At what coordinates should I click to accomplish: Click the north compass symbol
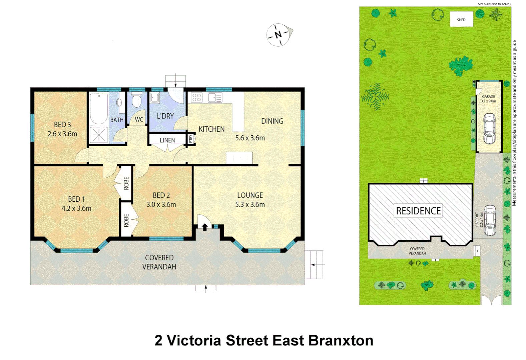pos(279,34)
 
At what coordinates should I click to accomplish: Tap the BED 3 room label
pos(62,124)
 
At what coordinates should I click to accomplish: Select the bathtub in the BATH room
pos(98,108)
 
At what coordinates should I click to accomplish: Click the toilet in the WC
pos(137,100)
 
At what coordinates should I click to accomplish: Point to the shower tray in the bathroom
pos(98,135)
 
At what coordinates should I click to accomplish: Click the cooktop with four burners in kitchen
pos(196,98)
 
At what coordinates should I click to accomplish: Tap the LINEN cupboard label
pos(167,140)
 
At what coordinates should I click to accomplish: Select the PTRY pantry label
pos(191,138)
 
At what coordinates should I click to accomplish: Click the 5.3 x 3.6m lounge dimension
pos(250,205)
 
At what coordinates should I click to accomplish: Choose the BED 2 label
pos(161,195)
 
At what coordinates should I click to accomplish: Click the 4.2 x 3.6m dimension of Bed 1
pos(76,209)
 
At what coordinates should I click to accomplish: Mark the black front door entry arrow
pos(205,227)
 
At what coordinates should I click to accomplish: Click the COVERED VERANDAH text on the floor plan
pos(159,262)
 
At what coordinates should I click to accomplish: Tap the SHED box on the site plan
pos(461,20)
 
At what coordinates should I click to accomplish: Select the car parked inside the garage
pos(489,128)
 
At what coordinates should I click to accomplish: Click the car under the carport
pos(490,220)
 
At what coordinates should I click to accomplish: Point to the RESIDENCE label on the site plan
pos(418,211)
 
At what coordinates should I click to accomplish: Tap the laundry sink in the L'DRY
pos(154,98)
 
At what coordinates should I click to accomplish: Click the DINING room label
pos(272,121)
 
